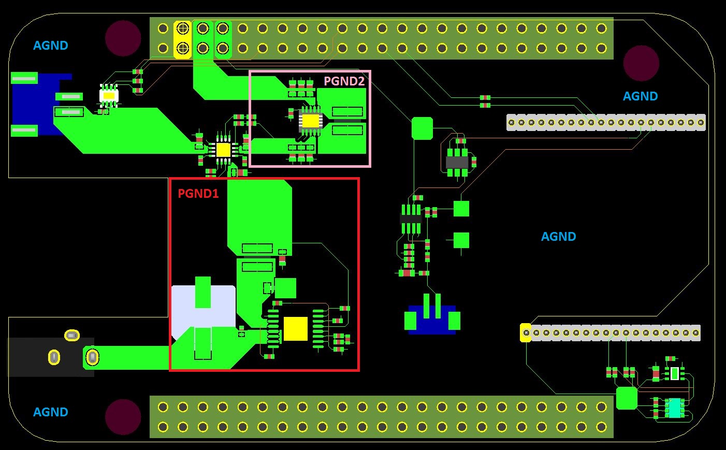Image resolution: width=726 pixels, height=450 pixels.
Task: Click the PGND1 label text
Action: [x=198, y=194]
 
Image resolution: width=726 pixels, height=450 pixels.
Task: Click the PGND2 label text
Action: [x=344, y=81]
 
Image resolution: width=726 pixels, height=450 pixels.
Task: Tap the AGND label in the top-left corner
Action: [x=51, y=46]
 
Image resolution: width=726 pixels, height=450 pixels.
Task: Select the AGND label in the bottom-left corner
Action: [x=51, y=412]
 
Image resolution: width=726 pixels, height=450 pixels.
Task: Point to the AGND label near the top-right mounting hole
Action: [x=640, y=96]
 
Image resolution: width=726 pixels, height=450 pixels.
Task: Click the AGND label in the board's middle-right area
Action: [x=558, y=237]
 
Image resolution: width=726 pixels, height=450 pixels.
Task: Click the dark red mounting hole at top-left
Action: [x=123, y=38]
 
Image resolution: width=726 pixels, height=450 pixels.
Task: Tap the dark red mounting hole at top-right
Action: [x=641, y=63]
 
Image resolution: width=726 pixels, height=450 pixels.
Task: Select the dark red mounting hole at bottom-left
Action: [x=123, y=417]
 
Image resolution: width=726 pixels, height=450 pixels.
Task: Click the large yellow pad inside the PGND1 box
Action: [x=296, y=329]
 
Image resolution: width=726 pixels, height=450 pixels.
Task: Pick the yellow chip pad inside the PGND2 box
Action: [x=311, y=120]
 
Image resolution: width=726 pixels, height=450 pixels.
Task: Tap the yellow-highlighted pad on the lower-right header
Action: [x=526, y=332]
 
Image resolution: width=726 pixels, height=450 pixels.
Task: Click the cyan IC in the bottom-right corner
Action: [x=674, y=408]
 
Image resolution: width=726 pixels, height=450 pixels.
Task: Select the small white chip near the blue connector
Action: [x=109, y=95]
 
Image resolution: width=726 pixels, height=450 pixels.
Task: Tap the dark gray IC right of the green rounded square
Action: [x=457, y=163]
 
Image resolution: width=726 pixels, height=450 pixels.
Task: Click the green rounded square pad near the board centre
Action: [x=422, y=128]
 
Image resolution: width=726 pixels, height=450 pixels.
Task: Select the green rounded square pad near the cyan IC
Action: [x=627, y=398]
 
